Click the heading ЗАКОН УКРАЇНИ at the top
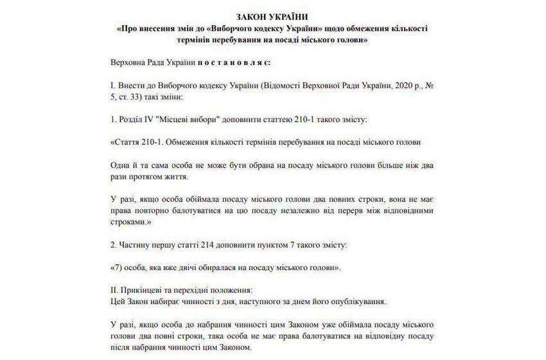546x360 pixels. click(272, 16)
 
